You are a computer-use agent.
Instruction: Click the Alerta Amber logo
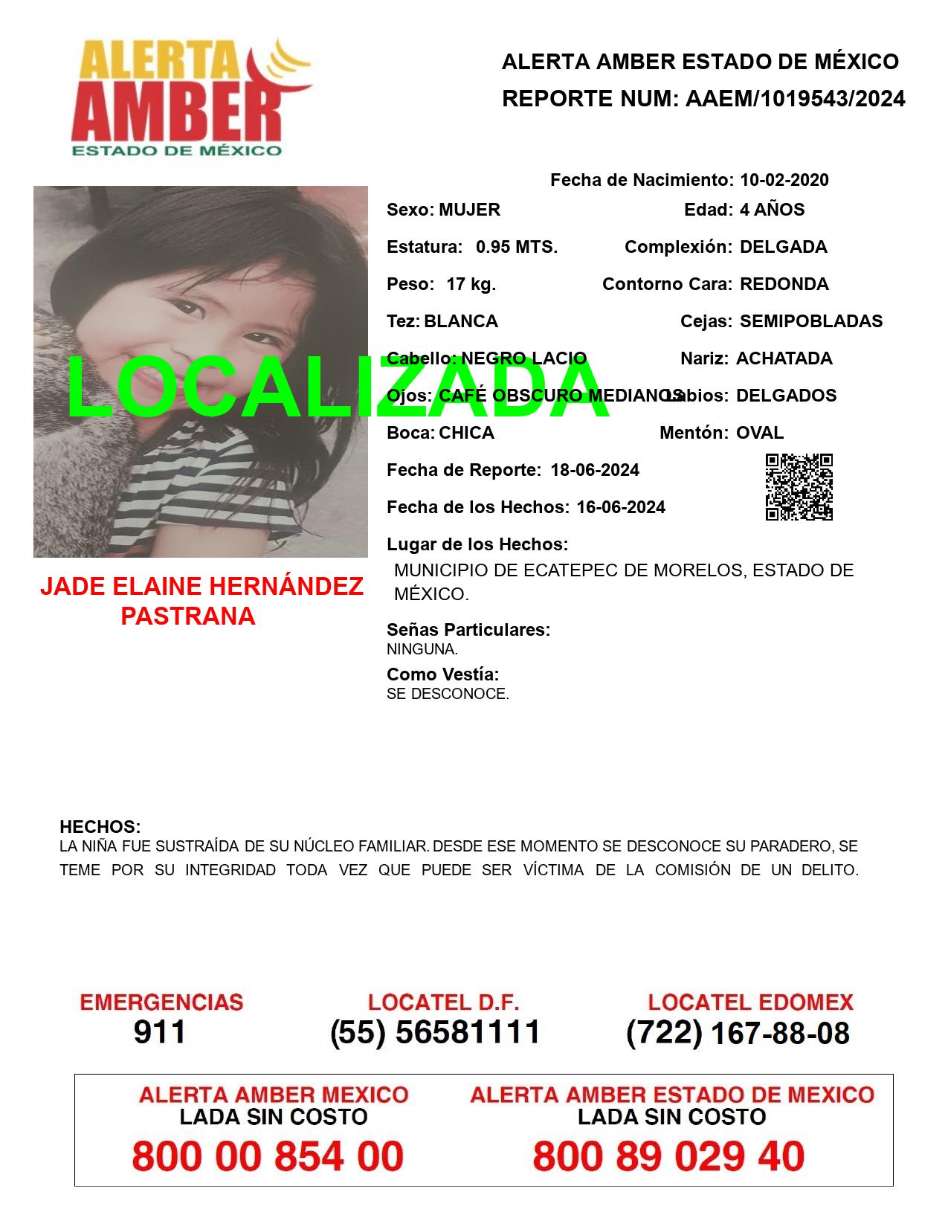[192, 98]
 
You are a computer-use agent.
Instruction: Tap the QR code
[799, 487]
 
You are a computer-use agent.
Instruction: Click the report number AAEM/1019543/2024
[795, 99]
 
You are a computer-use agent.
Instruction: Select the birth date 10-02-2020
[784, 180]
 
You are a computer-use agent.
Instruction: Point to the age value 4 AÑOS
[772, 210]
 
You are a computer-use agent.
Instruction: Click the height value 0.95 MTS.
[516, 247]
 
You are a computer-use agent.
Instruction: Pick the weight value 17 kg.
[471, 284]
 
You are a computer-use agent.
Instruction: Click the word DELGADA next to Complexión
[783, 247]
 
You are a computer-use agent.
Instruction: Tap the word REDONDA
[784, 284]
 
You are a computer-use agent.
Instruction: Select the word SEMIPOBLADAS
[810, 321]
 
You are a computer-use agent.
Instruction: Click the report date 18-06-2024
[594, 470]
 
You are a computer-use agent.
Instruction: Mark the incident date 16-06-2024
[620, 507]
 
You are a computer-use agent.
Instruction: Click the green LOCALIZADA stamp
[338, 388]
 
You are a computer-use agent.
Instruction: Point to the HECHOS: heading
[100, 827]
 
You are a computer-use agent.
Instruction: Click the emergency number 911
[160, 1031]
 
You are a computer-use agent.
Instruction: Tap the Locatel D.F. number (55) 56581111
[435, 1032]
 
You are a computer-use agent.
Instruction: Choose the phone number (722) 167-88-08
[738, 1033]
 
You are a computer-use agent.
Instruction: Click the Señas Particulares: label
[468, 630]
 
